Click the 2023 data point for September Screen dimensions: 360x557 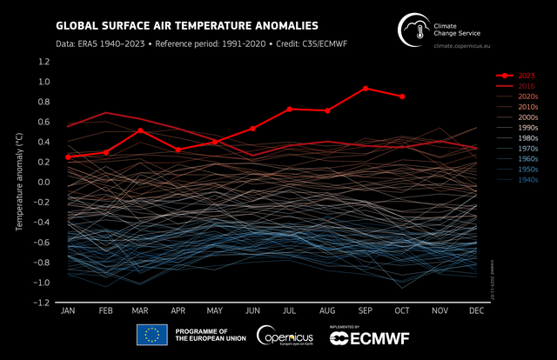pyautogui.click(x=366, y=89)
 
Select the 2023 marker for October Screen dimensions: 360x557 pyautogui.click(x=402, y=97)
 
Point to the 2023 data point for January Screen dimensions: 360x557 pyautogui.click(x=68, y=157)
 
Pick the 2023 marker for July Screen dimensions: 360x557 pyautogui.click(x=289, y=110)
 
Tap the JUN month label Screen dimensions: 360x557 pyautogui.click(x=252, y=310)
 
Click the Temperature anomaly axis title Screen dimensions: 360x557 pyautogui.click(x=18, y=183)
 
